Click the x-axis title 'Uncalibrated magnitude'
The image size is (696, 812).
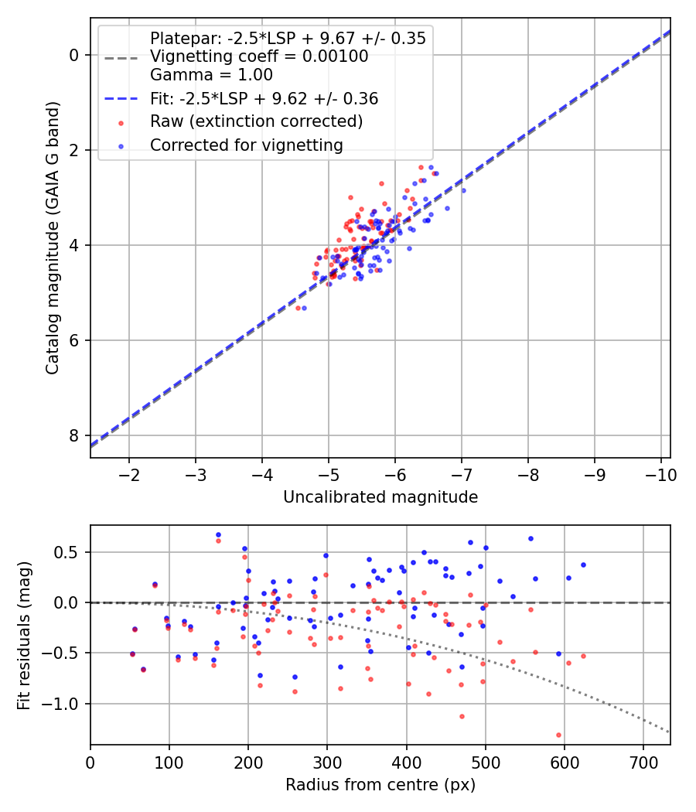[x=380, y=497]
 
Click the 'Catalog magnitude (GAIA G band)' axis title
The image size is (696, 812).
[x=52, y=237]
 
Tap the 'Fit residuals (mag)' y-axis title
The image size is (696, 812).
[x=23, y=636]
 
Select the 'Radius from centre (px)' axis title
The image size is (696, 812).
[x=380, y=785]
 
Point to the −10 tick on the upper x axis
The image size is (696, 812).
[x=660, y=475]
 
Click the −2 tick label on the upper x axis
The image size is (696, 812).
[x=128, y=475]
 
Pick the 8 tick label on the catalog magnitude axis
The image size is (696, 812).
[x=74, y=435]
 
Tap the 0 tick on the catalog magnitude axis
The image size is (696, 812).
[x=74, y=55]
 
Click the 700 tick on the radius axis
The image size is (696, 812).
[x=643, y=763]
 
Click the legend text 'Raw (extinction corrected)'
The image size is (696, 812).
[x=256, y=121]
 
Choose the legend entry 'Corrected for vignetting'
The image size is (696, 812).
[x=247, y=145]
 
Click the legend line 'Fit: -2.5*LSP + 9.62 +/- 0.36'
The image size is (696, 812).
[x=121, y=98]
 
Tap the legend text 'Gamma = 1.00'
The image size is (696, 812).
[x=211, y=74]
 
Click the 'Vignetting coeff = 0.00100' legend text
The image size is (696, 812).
[x=259, y=56]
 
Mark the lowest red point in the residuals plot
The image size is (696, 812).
[x=558, y=735]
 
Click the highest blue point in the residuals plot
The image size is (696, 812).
[x=218, y=534]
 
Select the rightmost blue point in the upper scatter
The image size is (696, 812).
[x=463, y=190]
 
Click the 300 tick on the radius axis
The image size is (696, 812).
[x=327, y=763]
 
